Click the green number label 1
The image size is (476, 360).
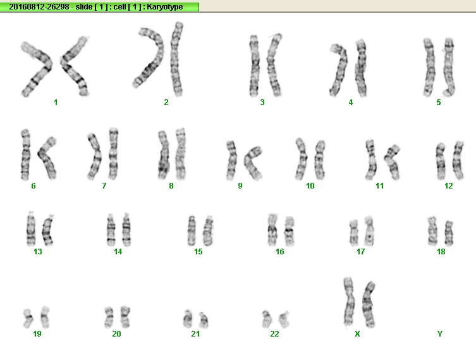coord(56,102)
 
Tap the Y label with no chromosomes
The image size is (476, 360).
coord(440,334)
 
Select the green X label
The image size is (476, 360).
coord(357,334)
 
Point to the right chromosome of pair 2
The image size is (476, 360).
coord(176,59)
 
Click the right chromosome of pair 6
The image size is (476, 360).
coord(47,158)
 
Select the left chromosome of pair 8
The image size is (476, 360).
coord(164,155)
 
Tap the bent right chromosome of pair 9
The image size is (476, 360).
coord(252,163)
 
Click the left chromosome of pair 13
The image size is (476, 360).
coord(31,228)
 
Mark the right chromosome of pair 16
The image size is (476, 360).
coord(290,231)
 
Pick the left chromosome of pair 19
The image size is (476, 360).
coord(28,318)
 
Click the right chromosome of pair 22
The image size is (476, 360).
coord(284,320)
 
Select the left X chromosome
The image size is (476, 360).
coord(349,302)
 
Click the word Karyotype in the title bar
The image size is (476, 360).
coord(165,7)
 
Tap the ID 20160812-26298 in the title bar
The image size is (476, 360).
coord(39,7)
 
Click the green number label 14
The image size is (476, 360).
coord(118,252)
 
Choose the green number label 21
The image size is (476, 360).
coord(195,334)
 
